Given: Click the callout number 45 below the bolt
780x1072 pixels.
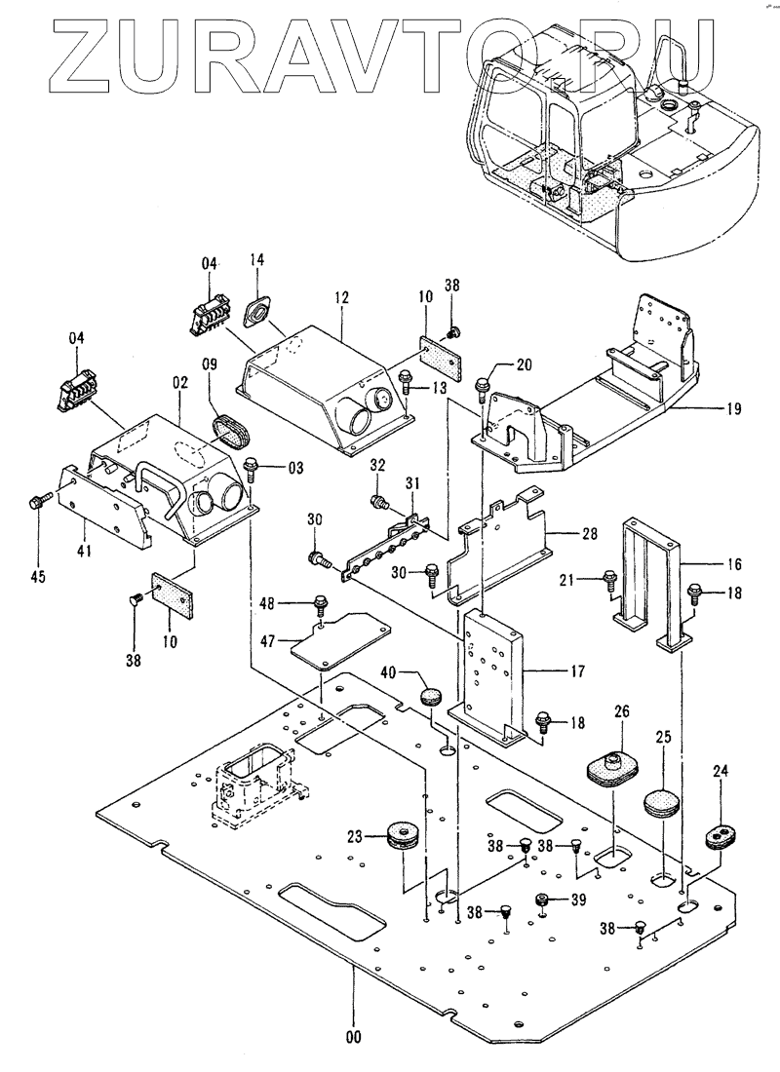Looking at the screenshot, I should [37, 577].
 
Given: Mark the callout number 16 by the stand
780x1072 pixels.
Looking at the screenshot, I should [734, 564].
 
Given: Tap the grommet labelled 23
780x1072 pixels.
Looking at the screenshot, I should [401, 835].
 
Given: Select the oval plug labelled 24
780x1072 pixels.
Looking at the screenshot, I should [721, 835].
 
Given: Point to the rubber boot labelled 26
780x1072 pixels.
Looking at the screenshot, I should [611, 765].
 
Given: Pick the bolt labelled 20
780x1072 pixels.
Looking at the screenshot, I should [482, 387].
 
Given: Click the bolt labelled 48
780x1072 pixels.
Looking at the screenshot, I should [320, 605].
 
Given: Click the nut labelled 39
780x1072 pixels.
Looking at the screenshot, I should [543, 899].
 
